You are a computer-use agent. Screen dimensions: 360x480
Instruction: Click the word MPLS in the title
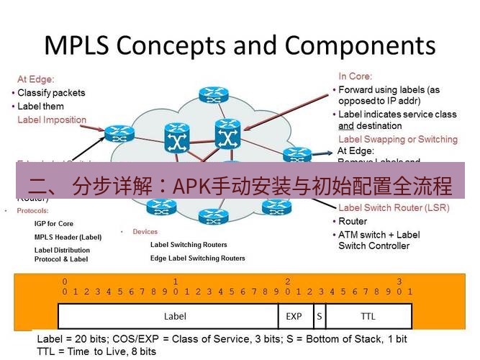click(76, 45)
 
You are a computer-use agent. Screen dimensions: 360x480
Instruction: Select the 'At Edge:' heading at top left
click(36, 80)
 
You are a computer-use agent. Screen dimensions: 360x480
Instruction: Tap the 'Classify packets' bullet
click(51, 93)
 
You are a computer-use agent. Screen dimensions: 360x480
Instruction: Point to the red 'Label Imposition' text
click(52, 120)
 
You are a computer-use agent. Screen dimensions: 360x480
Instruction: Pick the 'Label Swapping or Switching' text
click(397, 139)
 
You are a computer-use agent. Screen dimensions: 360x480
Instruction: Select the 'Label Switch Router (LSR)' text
click(394, 208)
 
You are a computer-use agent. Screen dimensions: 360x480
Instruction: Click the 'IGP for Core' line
click(54, 224)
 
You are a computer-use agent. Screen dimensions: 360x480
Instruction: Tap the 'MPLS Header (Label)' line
click(68, 237)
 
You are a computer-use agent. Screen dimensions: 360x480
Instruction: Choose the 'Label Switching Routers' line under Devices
click(189, 245)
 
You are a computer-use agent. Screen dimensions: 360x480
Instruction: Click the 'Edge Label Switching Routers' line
click(198, 258)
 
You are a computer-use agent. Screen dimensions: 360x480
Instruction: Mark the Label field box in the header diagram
click(175, 316)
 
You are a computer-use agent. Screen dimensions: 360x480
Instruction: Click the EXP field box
click(294, 316)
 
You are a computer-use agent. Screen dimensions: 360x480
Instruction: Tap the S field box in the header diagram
click(318, 316)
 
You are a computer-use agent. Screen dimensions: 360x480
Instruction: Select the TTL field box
click(368, 316)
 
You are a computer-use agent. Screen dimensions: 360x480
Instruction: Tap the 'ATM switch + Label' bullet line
click(379, 235)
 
